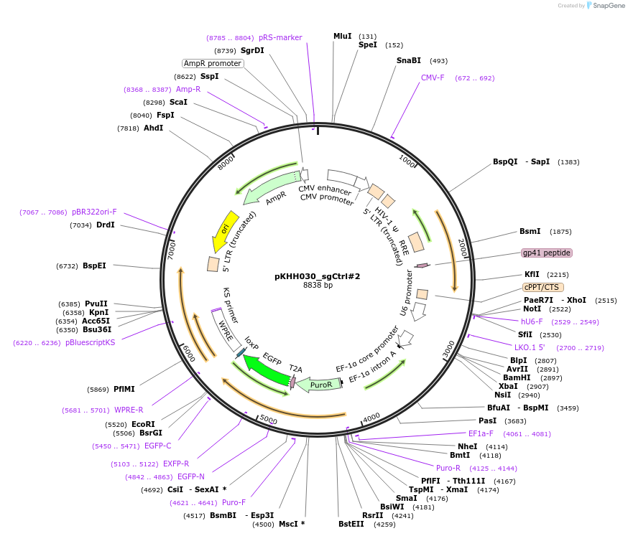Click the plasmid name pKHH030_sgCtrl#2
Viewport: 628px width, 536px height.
coord(317,276)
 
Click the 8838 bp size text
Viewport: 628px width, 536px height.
coord(317,286)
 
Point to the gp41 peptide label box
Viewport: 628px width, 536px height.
coord(547,253)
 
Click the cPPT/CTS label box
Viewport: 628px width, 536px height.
coord(543,287)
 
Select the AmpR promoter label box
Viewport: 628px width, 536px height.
coord(213,63)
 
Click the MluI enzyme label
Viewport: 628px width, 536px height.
coord(343,36)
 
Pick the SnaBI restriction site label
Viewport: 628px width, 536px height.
coord(409,60)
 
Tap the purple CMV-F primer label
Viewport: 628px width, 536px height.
coord(433,77)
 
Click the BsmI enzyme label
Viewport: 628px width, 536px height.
coord(530,231)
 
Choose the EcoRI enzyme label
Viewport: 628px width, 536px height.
coord(143,424)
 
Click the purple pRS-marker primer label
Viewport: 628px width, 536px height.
coord(280,37)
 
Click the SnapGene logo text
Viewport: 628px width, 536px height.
coord(606,6)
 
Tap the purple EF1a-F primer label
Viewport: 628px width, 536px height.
coord(481,433)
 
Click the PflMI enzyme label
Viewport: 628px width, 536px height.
coord(124,389)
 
